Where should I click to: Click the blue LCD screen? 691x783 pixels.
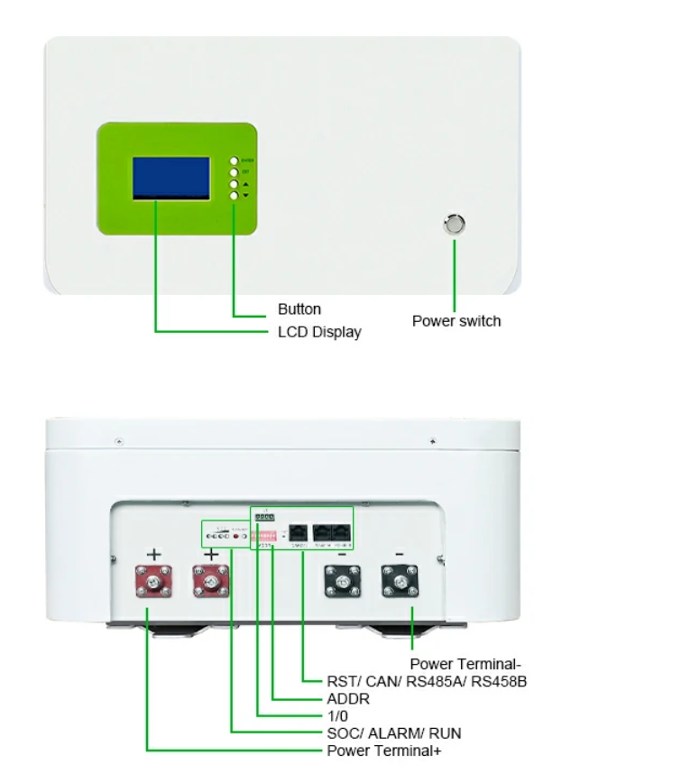(171, 179)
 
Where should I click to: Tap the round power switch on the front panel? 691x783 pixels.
(456, 224)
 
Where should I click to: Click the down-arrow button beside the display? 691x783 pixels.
(234, 195)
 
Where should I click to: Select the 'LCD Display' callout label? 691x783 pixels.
(319, 332)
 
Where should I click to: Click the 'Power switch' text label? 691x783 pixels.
(456, 321)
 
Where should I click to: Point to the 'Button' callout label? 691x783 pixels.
(299, 310)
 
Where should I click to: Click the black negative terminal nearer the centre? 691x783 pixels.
(343, 582)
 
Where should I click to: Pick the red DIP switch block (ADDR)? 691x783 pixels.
(263, 535)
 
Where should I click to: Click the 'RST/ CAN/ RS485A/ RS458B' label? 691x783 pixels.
(427, 682)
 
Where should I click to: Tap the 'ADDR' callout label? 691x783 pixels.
(348, 699)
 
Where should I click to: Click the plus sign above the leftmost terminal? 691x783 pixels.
(154, 553)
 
